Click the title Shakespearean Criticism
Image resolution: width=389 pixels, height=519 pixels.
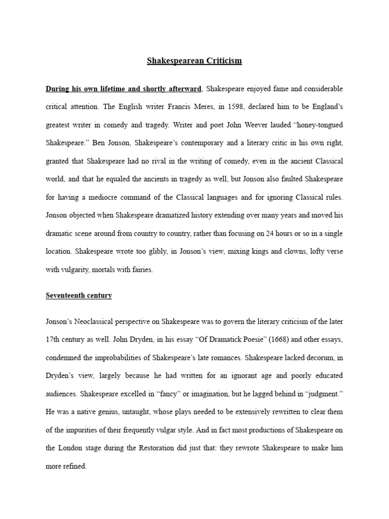tap(194, 61)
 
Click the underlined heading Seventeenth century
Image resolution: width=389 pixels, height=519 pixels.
tap(79, 295)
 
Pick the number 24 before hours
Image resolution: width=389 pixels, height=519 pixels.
tap(268, 234)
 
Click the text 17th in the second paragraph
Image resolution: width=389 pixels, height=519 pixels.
tap(54, 339)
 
